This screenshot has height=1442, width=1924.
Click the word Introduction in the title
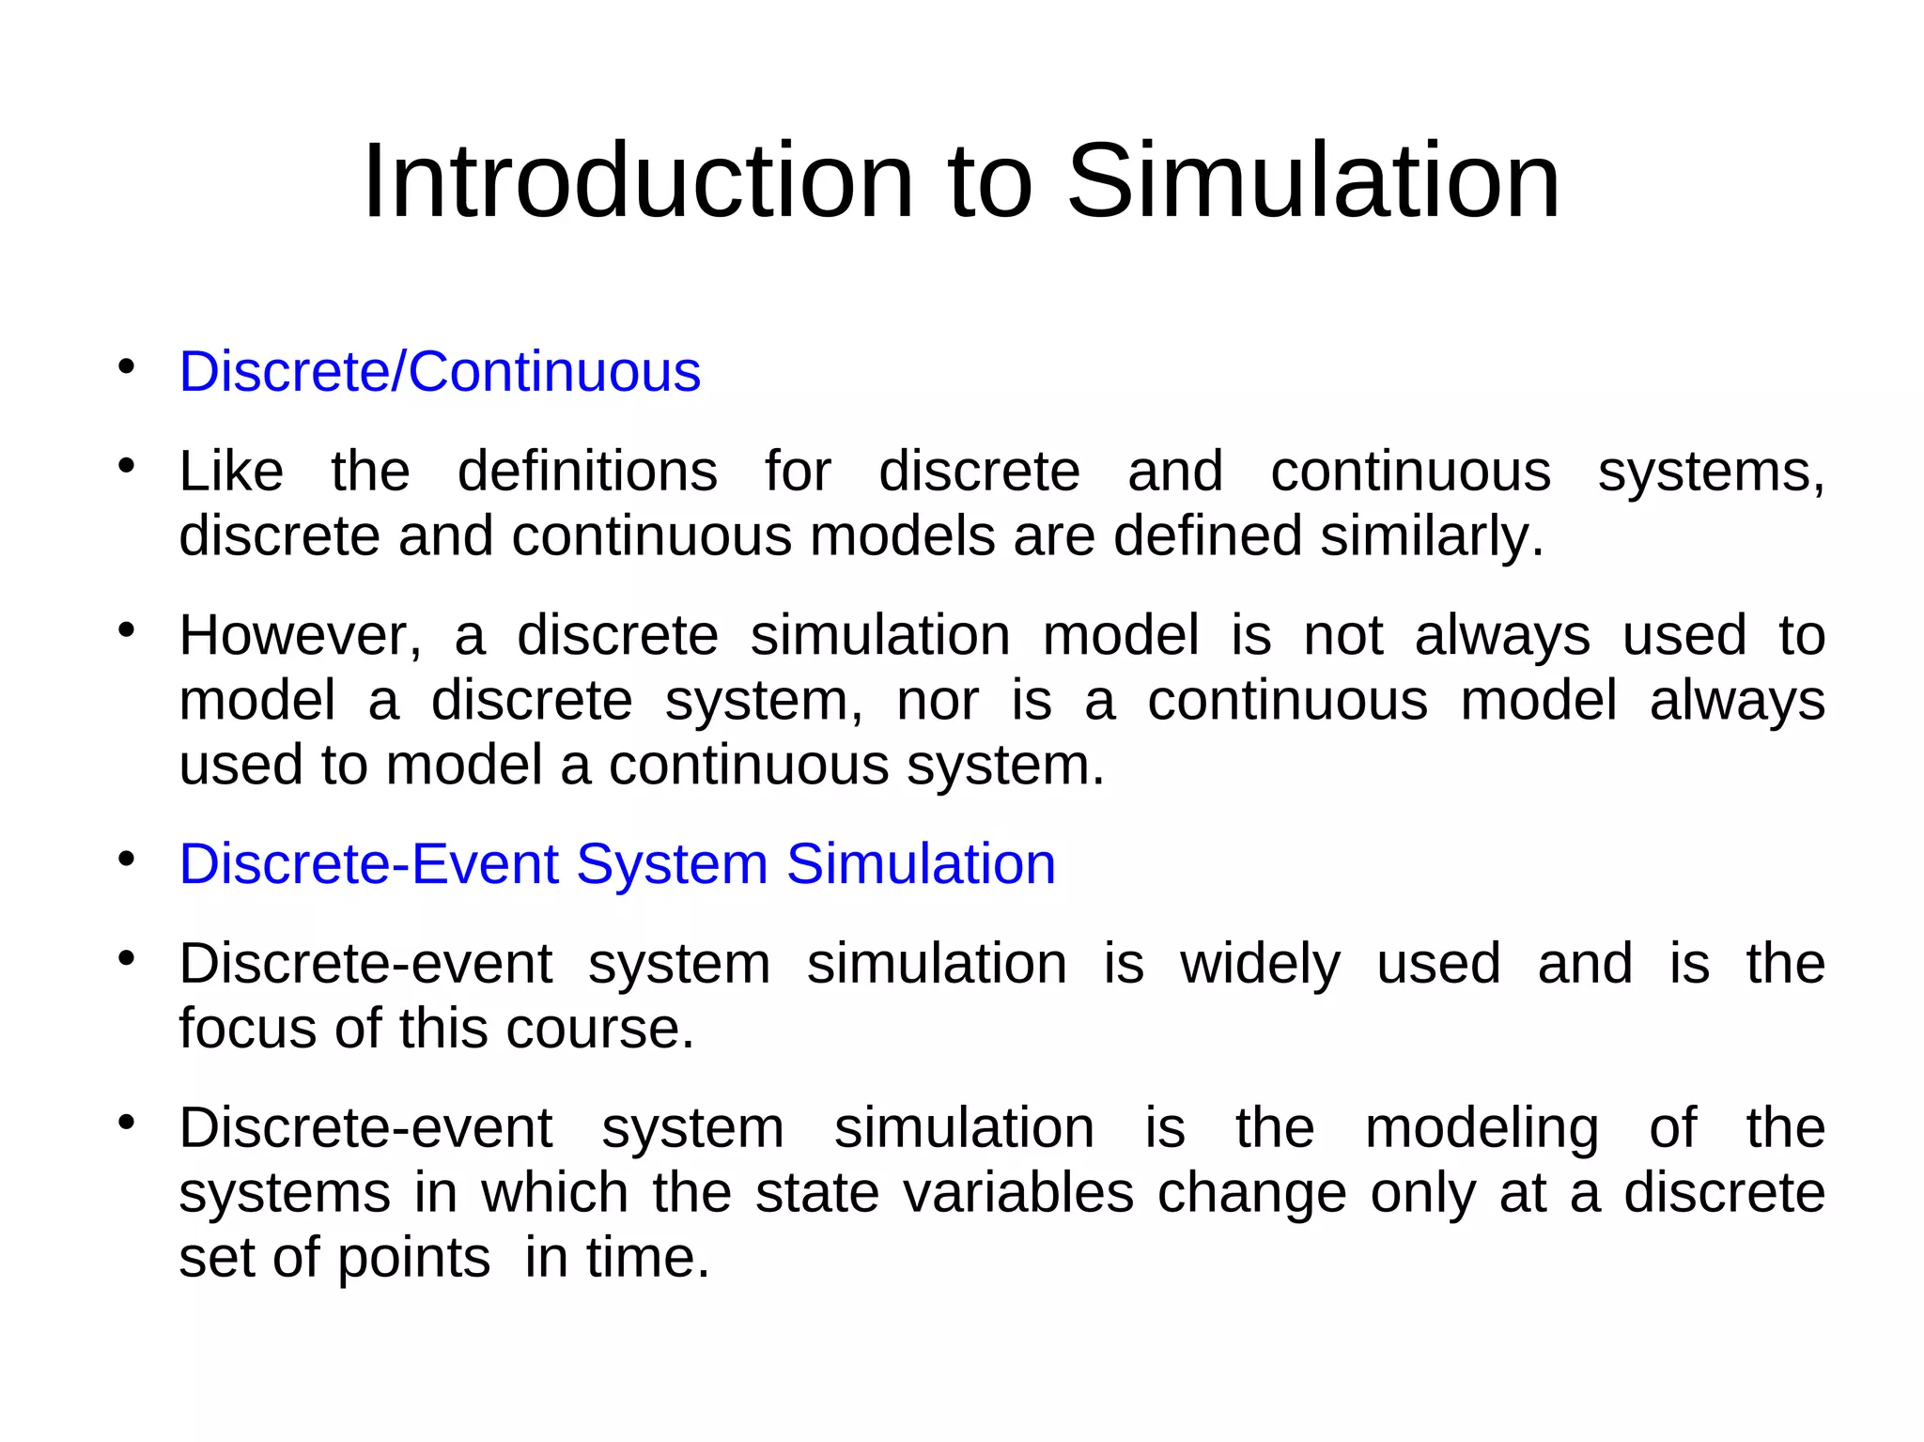tap(638, 180)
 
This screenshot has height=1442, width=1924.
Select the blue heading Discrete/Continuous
tap(440, 371)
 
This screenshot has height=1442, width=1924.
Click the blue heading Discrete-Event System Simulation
tap(617, 863)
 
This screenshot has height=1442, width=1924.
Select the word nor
tap(938, 701)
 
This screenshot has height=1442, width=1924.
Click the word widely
tap(1261, 964)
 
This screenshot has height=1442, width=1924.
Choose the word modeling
tap(1482, 1128)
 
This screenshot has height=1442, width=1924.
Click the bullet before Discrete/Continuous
tap(127, 366)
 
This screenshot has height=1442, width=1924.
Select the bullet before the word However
tap(127, 630)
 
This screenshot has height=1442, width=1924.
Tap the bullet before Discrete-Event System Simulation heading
tap(127, 859)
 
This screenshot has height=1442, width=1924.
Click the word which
tap(554, 1193)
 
